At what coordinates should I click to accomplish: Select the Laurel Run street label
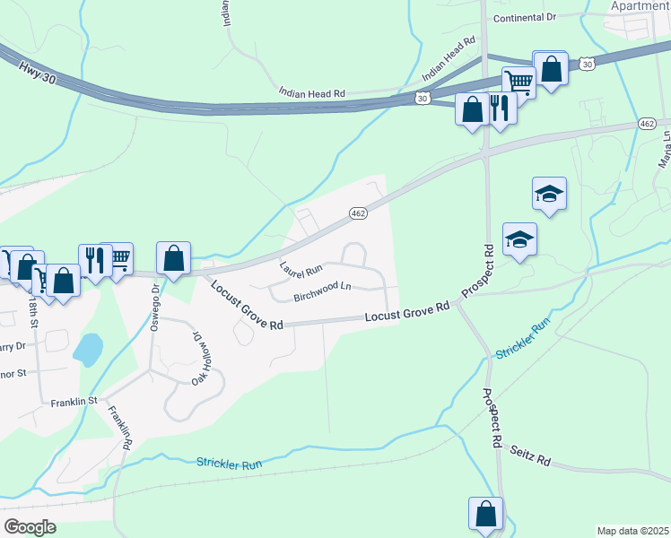point(301,269)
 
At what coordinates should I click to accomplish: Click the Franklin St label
point(74,403)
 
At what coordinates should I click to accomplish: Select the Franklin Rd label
point(120,428)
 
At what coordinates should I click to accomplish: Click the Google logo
point(29,527)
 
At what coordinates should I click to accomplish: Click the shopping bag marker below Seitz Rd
point(485,515)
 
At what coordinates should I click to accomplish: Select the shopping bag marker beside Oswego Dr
point(174,258)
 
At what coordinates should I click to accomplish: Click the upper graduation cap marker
point(549,193)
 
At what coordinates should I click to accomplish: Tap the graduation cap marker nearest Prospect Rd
point(519,239)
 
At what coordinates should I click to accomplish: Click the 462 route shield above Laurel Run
point(358,213)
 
